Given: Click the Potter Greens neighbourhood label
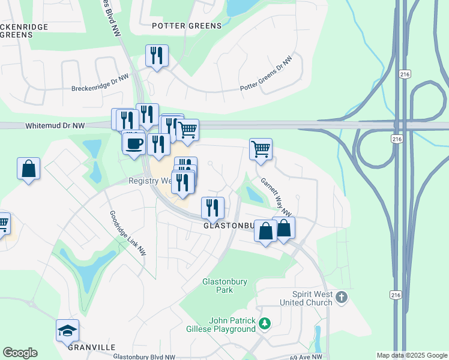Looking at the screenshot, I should tap(187, 26).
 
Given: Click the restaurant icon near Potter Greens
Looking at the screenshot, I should tap(157, 56).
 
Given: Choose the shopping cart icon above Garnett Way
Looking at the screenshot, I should tap(261, 148).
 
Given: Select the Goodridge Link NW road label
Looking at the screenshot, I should tap(127, 232).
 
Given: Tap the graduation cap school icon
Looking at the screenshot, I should tap(67, 330).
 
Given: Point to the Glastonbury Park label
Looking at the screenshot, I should tap(217, 285).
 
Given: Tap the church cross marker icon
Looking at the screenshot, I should tap(342, 297).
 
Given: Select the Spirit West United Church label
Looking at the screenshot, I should tap(312, 299).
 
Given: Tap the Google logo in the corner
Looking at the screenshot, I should tap(20, 353).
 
